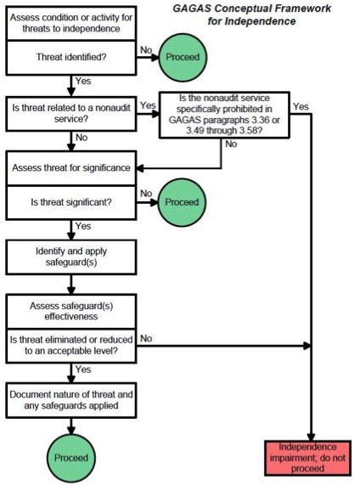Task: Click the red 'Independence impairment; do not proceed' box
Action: [x=307, y=458]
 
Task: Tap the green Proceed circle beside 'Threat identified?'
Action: [x=183, y=57]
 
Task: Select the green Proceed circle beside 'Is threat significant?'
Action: [x=182, y=202]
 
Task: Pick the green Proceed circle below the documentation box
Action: [x=71, y=458]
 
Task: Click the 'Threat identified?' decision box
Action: [x=71, y=58]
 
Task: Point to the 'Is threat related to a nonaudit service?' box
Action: [x=71, y=114]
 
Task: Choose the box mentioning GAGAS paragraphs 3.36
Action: [x=224, y=115]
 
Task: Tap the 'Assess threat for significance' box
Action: [x=71, y=168]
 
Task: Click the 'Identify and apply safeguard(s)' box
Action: [x=71, y=257]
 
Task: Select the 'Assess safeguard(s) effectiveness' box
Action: [x=71, y=311]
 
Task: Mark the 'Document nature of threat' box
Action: [x=71, y=400]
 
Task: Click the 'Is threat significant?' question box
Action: [x=71, y=203]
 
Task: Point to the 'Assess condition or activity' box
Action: [x=71, y=23]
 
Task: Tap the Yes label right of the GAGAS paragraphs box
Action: [x=301, y=106]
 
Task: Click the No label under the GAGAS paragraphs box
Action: [x=231, y=144]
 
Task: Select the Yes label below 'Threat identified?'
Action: [x=83, y=82]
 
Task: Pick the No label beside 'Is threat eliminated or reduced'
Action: [x=146, y=338]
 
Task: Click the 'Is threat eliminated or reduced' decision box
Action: [x=71, y=346]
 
